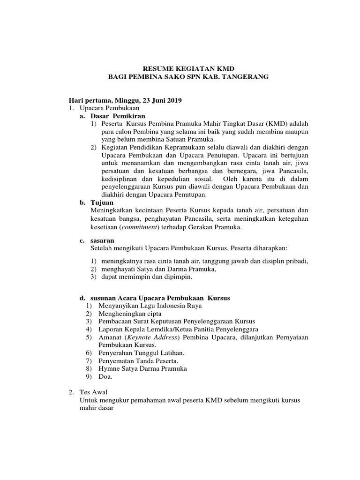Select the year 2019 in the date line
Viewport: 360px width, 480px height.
point(173,100)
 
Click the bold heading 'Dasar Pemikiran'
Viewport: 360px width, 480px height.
point(118,115)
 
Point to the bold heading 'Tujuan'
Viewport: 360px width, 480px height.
point(102,202)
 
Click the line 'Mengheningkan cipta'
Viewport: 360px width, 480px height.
point(130,313)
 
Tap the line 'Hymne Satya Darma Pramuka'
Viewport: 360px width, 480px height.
point(142,368)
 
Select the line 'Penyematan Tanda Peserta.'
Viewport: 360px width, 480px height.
point(138,360)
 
